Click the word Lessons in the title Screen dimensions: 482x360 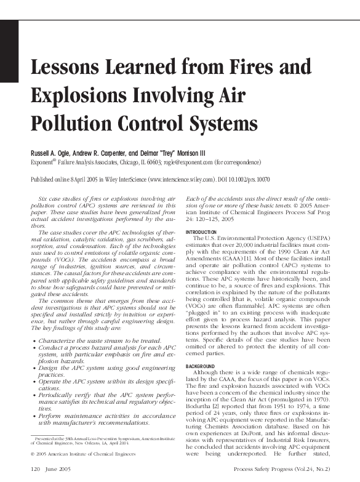coord(66,68)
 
